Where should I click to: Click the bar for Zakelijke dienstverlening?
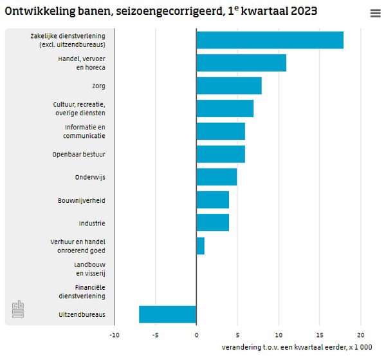270,40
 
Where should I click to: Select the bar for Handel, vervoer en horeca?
241,63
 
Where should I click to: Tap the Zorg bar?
229,86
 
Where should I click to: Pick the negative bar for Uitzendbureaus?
168,314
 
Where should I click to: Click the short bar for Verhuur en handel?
201,246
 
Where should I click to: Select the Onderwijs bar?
217,177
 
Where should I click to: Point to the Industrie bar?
213,223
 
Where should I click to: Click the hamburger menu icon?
376,14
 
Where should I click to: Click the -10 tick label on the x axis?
114,335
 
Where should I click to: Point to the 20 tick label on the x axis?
361,335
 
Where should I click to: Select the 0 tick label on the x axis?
196,335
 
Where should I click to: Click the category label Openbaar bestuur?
78,155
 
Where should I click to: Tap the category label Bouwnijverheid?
81,200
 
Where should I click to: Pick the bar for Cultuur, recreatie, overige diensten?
225,109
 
